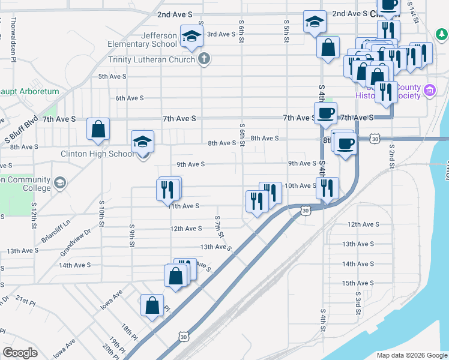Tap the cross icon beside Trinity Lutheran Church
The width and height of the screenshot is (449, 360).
(204, 59)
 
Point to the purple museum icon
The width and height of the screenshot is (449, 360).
(429, 91)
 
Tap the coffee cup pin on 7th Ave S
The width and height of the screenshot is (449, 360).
(326, 113)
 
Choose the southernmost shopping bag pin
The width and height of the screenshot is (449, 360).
(152, 305)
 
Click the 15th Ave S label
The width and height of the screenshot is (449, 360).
(358, 283)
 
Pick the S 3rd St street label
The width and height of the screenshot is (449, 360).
(357, 298)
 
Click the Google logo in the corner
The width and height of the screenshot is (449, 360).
(20, 353)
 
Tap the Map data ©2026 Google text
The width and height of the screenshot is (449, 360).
(411, 355)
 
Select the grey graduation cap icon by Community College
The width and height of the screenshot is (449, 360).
(59, 182)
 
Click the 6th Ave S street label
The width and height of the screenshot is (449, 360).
(130, 98)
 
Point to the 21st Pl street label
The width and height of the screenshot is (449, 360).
(26, 301)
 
